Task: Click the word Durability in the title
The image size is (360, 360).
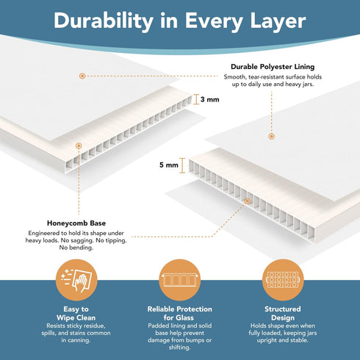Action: [x=104, y=21]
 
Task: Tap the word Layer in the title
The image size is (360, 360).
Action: [x=278, y=21]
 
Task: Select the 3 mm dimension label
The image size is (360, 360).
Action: [x=210, y=99]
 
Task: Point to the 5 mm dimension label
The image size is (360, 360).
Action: [x=169, y=165]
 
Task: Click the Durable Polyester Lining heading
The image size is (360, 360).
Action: [x=273, y=67]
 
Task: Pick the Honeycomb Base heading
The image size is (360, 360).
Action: [x=76, y=223]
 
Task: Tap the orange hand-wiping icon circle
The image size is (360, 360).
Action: [x=76, y=280]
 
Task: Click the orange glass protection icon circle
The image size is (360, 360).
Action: [x=180, y=280]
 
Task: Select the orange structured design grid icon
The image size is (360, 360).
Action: [x=283, y=280]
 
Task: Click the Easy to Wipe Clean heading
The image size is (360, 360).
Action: [x=76, y=313]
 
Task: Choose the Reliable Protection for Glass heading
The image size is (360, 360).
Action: [x=179, y=313]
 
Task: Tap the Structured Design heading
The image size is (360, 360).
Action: [x=283, y=313]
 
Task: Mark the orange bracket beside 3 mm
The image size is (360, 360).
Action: [x=196, y=99]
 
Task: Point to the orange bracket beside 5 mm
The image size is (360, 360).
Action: [x=182, y=165]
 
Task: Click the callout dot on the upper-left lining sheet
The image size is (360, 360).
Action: [x=82, y=76]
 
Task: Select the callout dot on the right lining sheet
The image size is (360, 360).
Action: [x=271, y=137]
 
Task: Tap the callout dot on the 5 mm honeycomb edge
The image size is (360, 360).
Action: [x=248, y=201]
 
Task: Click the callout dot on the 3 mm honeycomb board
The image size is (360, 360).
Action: [x=79, y=146]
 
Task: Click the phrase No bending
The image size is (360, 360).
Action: [x=76, y=248]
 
